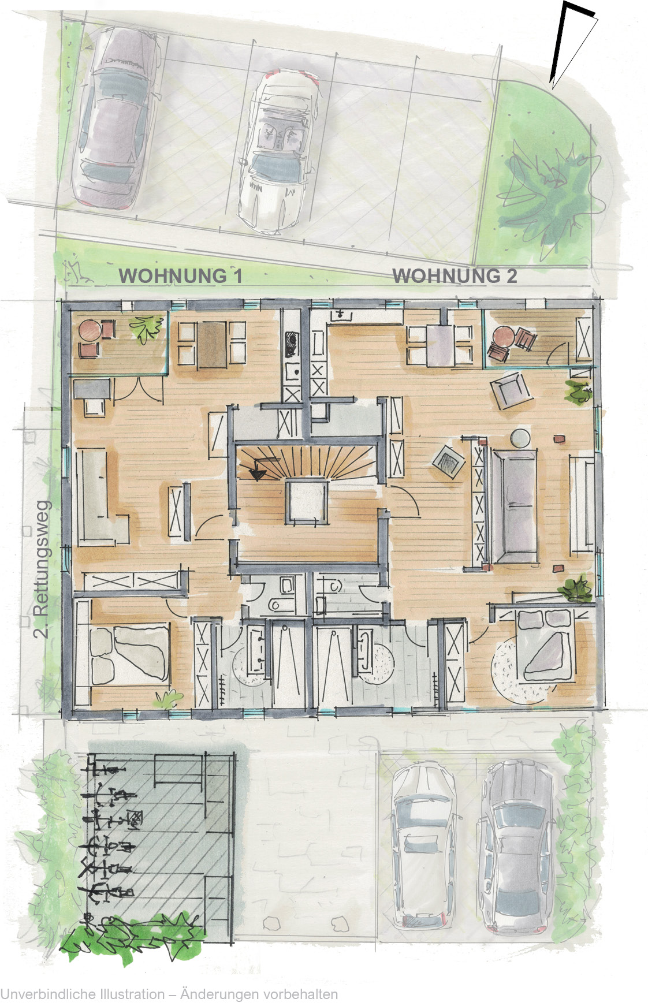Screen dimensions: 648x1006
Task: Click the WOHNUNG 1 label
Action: (180, 275)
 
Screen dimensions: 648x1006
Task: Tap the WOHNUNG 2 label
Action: (455, 275)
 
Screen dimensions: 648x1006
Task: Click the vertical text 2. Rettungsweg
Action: (42, 568)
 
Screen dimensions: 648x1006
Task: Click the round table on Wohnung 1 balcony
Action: (91, 331)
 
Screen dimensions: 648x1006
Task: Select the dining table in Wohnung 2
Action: (440, 345)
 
